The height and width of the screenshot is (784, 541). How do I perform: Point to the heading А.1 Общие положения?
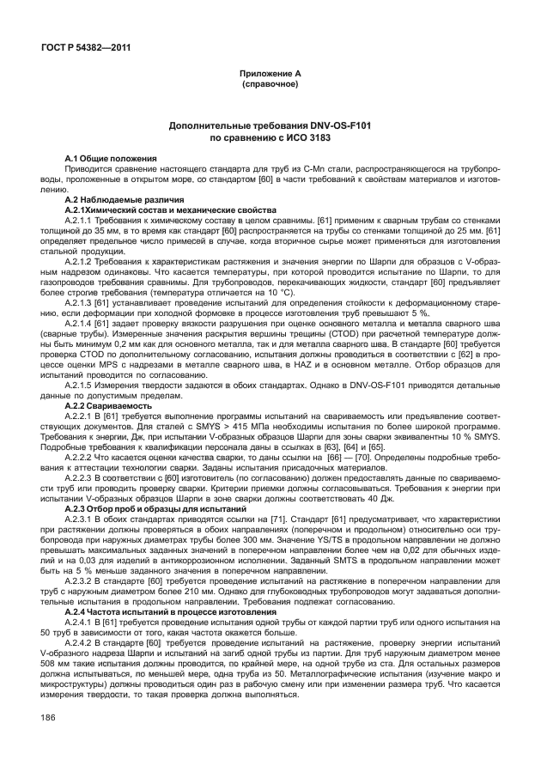pyautogui.click(x=112, y=159)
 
